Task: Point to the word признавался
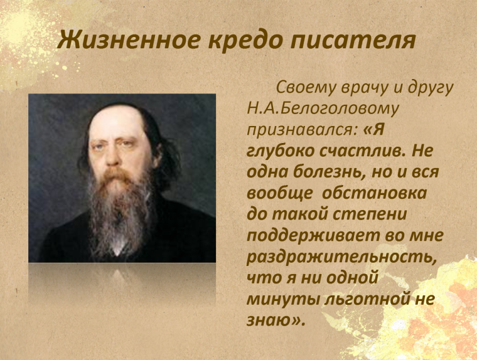tap(303, 130)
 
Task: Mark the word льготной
tap(367, 299)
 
